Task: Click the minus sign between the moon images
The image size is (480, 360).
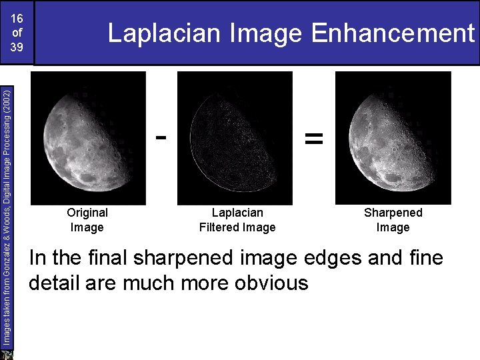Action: click(161, 137)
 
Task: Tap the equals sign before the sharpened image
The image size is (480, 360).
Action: click(313, 138)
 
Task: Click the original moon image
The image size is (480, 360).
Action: click(88, 137)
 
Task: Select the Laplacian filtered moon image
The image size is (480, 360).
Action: click(235, 137)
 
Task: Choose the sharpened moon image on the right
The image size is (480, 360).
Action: click(393, 137)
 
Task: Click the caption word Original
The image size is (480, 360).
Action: click(87, 213)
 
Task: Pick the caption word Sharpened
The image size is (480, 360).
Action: click(393, 213)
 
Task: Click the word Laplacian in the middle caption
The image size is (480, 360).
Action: click(237, 213)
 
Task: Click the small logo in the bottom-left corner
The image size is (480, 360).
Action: click(7, 353)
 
